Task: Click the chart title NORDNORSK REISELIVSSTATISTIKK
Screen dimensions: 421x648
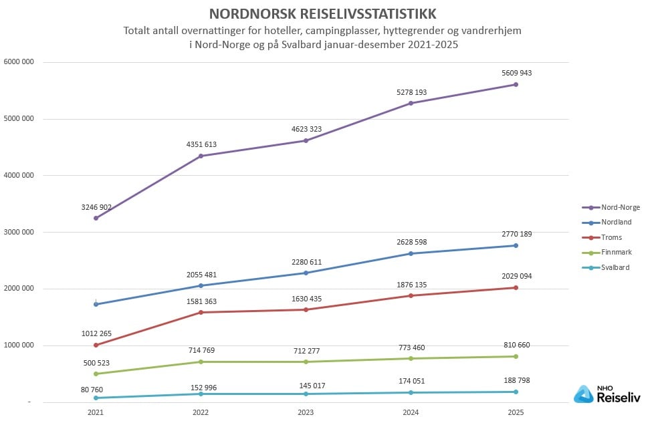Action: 324,14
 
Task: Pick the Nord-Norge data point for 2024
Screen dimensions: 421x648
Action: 411,103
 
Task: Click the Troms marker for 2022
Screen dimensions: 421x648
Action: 201,312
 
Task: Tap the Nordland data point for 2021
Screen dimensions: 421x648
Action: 96,304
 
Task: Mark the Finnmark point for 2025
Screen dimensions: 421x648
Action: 516,356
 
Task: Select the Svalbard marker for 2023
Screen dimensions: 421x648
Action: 306,394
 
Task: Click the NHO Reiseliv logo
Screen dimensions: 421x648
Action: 607,394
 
